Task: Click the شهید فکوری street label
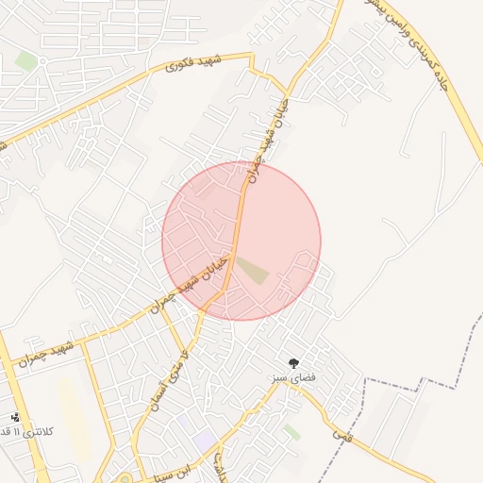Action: coord(192,63)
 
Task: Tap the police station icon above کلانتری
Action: coord(14,416)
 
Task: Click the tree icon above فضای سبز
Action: coord(294,362)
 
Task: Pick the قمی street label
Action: coord(341,434)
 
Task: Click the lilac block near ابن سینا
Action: coord(205,440)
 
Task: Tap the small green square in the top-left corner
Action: coord(26,61)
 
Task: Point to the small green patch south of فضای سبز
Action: coord(292,431)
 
